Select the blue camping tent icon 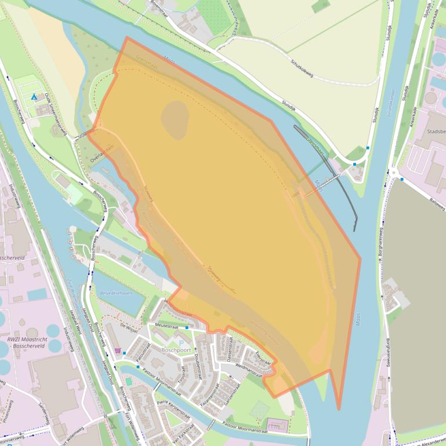[x=35, y=96]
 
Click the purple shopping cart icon [x=118, y=350]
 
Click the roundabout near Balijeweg [x=394, y=172]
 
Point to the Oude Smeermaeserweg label [x=59, y=111]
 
